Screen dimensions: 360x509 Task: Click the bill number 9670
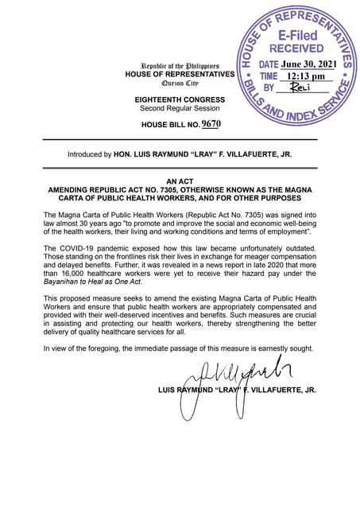211,124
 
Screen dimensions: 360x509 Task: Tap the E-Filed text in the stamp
297,36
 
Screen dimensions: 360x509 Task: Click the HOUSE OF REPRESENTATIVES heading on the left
180,74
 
